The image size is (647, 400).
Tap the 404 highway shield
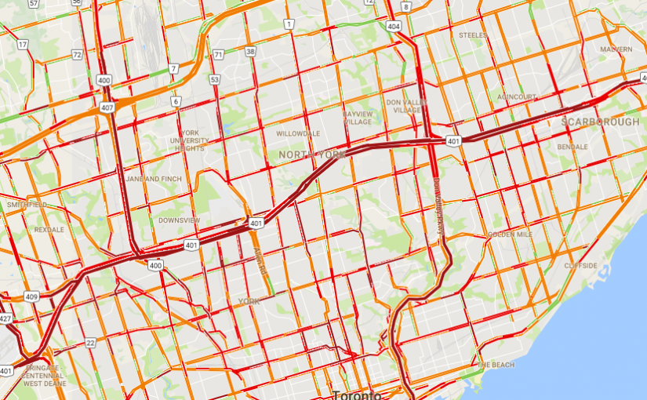tap(393, 26)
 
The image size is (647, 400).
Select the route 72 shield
tap(77, 54)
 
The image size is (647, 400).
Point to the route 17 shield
tap(23, 45)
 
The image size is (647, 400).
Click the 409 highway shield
tap(31, 296)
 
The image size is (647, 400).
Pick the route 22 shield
tap(91, 343)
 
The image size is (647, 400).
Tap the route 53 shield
tap(213, 79)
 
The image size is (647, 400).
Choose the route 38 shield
tap(249, 52)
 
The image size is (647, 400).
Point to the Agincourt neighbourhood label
tap(517, 96)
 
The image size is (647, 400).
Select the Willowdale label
tap(298, 133)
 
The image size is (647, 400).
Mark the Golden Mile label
tap(510, 235)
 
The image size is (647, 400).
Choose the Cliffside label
tap(581, 265)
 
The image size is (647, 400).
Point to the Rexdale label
tap(49, 230)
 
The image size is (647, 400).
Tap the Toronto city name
tap(356, 395)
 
